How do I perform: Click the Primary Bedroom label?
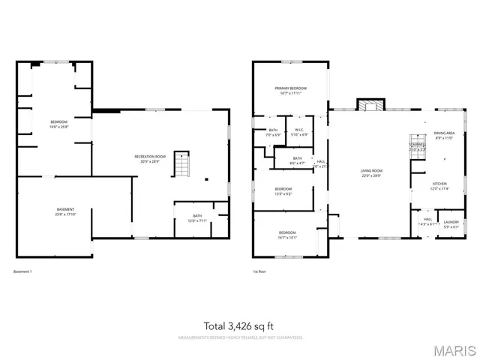click(289, 91)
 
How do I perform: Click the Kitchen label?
click(439, 186)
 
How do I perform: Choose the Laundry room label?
click(451, 223)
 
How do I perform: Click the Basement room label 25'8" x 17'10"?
click(66, 211)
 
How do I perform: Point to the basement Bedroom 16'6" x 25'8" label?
click(59, 124)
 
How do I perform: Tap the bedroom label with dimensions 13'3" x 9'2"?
click(283, 190)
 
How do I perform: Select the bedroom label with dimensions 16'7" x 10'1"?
click(287, 234)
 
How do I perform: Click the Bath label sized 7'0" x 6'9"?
click(272, 133)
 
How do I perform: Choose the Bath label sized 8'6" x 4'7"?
click(298, 160)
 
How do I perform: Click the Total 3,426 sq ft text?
click(240, 325)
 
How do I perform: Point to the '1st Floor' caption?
click(259, 271)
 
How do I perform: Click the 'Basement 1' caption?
click(23, 271)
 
